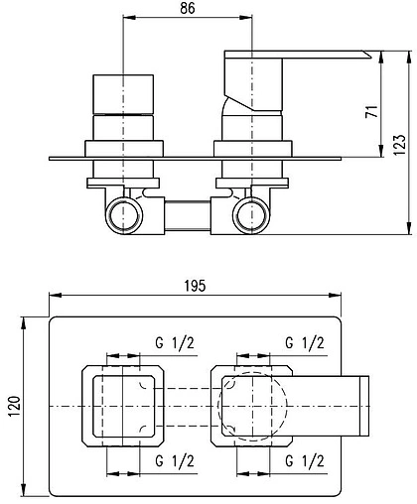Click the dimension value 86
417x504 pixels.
pyautogui.click(x=188, y=8)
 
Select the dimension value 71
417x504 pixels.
pyautogui.click(x=371, y=111)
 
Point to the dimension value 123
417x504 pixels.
pyautogui.click(x=399, y=145)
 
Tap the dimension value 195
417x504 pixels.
pyautogui.click(x=195, y=286)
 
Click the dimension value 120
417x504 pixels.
pyautogui.click(x=15, y=406)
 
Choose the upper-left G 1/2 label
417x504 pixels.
pyautogui.click(x=175, y=343)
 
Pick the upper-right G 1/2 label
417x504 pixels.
pyautogui.click(x=305, y=343)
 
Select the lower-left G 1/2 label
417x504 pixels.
pyautogui.click(x=175, y=460)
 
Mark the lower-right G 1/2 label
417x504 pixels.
pyautogui.click(x=305, y=460)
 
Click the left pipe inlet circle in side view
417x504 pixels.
pyautogui.click(x=124, y=201)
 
